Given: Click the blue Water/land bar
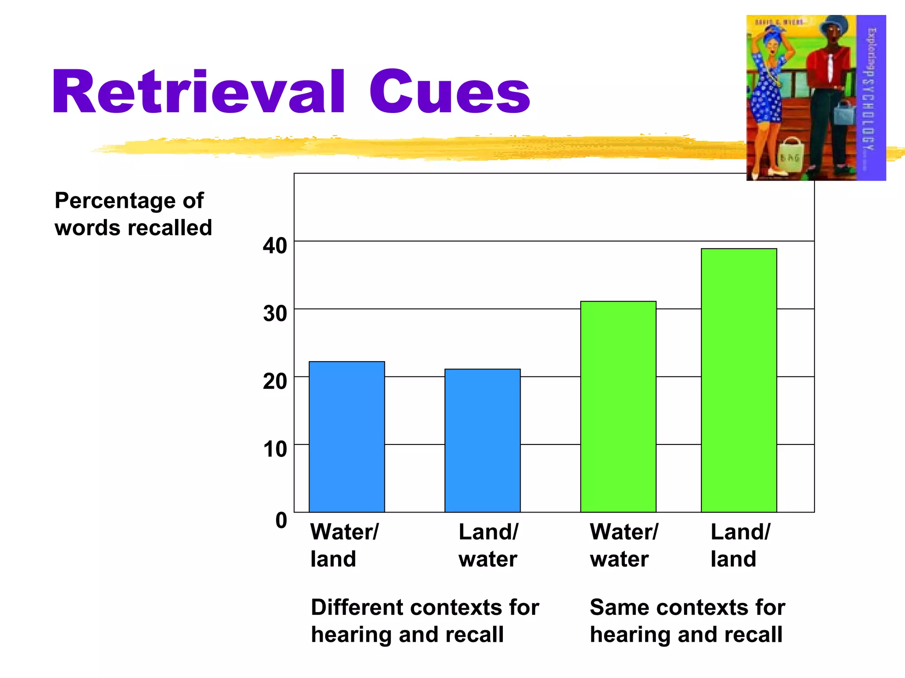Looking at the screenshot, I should (347, 437).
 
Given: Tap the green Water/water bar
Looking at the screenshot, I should (618, 407).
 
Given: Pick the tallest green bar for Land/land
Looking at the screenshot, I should (739, 380).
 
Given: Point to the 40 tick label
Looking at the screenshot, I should (274, 245).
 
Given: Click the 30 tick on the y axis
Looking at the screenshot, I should (274, 313).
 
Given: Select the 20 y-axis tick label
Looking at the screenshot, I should (274, 381).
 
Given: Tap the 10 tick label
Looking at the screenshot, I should (274, 449).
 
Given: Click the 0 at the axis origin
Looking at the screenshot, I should (281, 520).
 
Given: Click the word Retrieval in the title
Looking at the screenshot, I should (198, 93).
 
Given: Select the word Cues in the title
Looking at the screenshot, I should (449, 93).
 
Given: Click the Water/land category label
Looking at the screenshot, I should (344, 545).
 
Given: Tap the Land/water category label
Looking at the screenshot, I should (488, 545).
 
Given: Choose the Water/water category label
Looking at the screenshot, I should (624, 545).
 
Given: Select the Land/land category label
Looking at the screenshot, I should (740, 545).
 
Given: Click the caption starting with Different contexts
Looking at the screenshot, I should (424, 621).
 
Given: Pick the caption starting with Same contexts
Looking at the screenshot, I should (687, 621).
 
